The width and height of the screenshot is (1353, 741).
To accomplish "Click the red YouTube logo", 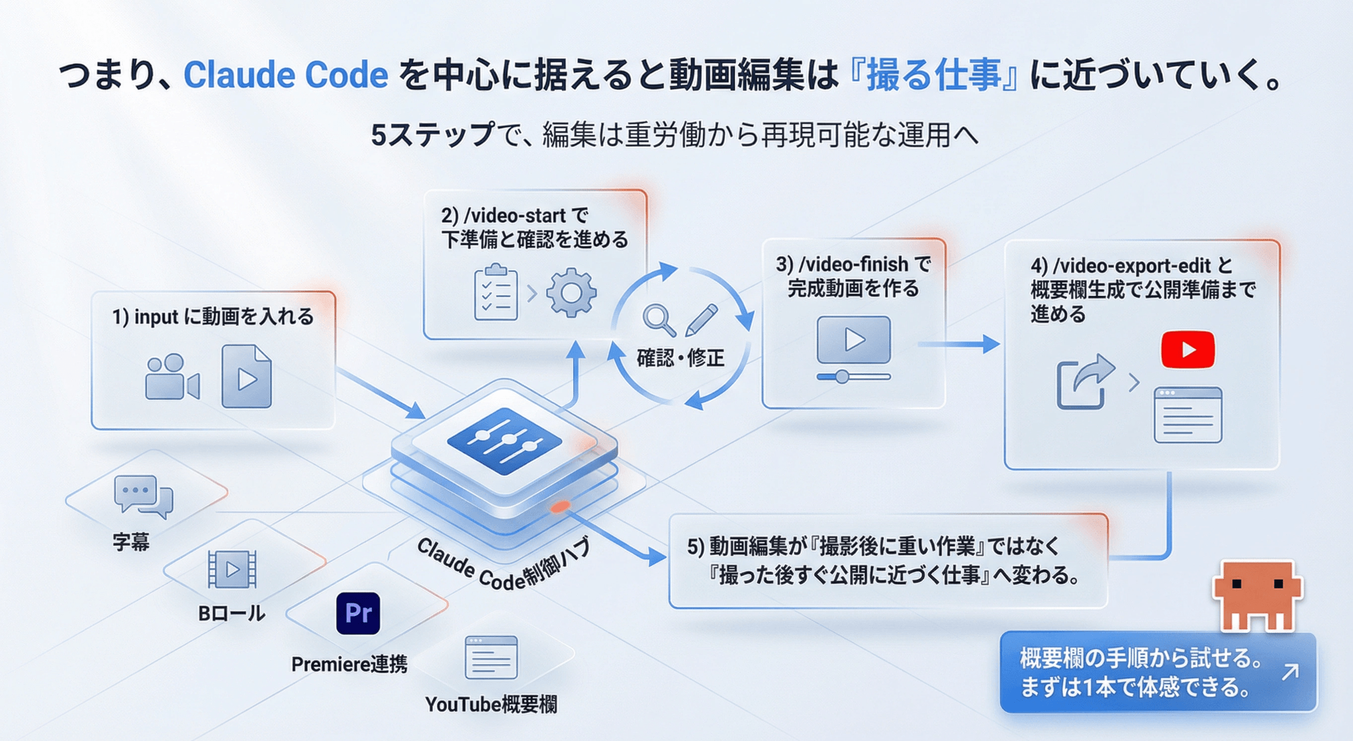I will [1188, 349].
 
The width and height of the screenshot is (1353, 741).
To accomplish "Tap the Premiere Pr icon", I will [358, 613].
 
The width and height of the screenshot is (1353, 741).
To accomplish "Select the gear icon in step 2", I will [571, 293].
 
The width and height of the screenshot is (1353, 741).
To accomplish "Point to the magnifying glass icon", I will [659, 320].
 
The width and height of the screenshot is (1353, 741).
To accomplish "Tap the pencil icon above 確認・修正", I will [702, 319].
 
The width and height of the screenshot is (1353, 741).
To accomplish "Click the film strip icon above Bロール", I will [232, 569].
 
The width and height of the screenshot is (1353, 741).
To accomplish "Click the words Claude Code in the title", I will [285, 75].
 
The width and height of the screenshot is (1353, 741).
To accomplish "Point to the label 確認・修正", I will [680, 358].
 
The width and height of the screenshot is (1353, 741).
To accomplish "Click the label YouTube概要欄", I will [490, 705].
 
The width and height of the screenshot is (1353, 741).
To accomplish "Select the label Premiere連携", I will [349, 664].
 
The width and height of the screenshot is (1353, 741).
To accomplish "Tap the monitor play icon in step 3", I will [853, 341].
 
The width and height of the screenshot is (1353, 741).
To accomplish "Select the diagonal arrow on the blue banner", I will [1289, 673].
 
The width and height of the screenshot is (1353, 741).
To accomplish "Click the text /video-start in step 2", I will [514, 216].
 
